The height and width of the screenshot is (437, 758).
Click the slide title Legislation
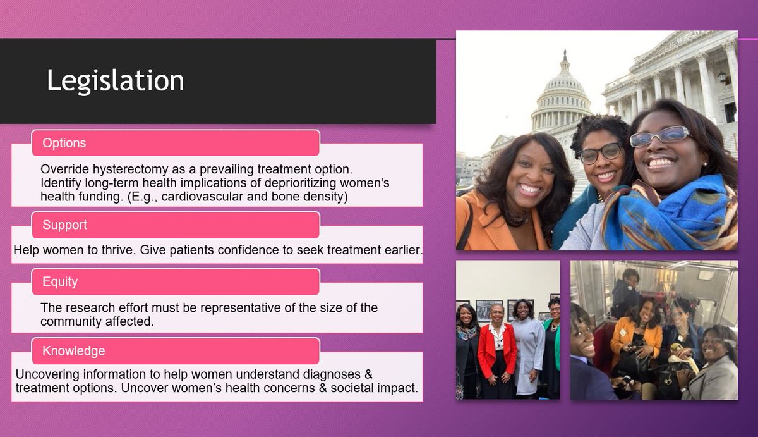tap(116, 81)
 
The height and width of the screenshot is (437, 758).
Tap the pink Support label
tap(64, 225)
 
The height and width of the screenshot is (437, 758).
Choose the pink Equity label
tap(60, 281)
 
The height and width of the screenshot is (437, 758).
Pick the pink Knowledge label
tap(74, 351)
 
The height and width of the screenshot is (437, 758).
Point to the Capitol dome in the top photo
tap(561, 95)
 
